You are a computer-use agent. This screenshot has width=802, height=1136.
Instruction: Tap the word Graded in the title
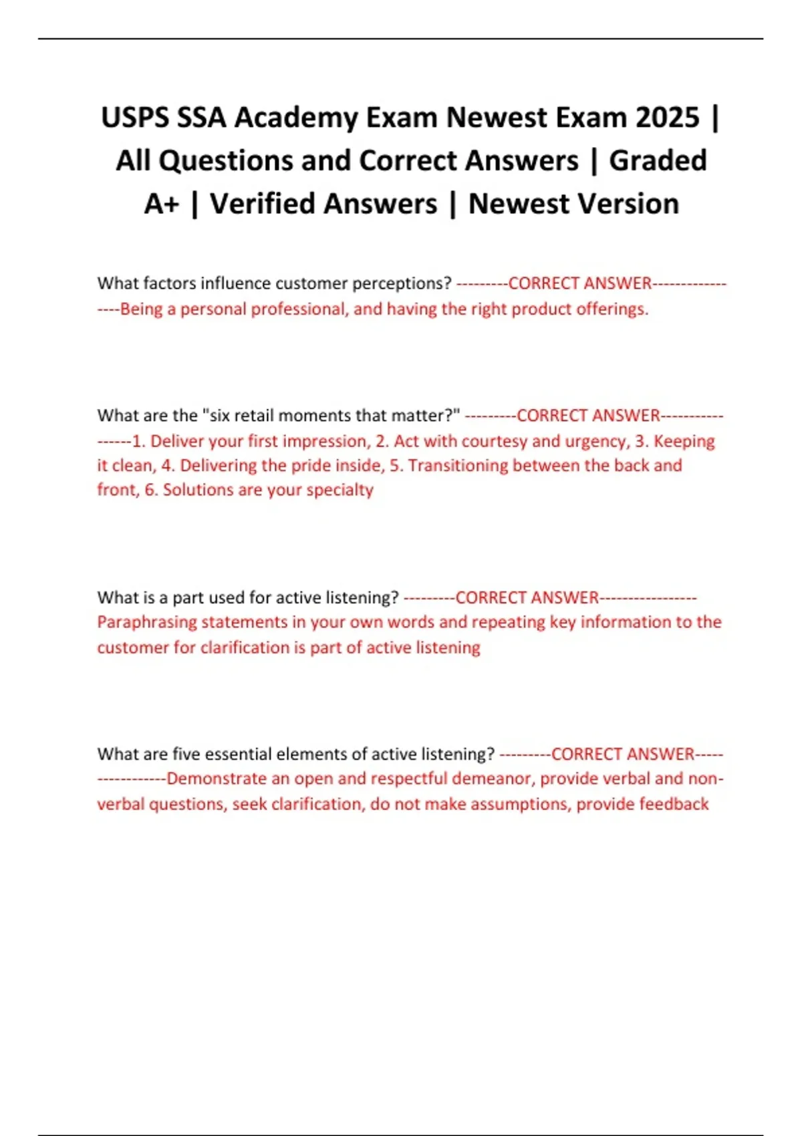[658, 161]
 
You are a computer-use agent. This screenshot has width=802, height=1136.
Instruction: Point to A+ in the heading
[161, 204]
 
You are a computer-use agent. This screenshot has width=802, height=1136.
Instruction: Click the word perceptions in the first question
[402, 283]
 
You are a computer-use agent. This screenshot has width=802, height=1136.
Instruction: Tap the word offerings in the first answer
[613, 309]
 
